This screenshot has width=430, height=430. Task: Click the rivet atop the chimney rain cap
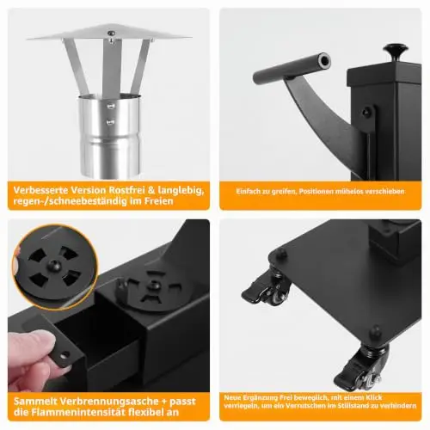[x=110, y=34]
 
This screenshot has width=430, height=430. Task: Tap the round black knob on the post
[x=397, y=50]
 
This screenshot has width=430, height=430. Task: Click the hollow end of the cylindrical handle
[x=324, y=61]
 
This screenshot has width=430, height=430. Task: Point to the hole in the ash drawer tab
[x=65, y=356]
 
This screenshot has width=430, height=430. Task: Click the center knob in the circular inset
[x=53, y=266]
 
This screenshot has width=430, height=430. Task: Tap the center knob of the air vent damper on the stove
[x=154, y=285]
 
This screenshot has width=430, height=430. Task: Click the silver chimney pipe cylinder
[x=110, y=135]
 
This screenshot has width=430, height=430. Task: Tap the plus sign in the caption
[x=164, y=402]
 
